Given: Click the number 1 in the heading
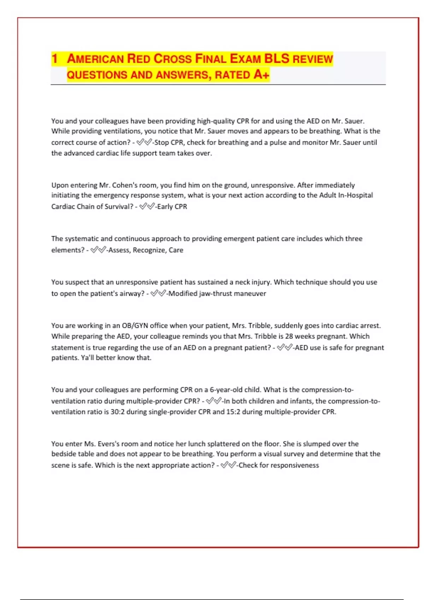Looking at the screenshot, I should click(54, 59).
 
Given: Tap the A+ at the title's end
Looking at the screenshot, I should click(261, 74).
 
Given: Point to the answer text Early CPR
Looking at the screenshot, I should click(172, 207).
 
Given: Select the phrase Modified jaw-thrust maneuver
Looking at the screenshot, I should click(217, 294).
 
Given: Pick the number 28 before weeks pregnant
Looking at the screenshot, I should click(289, 336).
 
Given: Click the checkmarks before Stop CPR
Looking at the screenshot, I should click(144, 143).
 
